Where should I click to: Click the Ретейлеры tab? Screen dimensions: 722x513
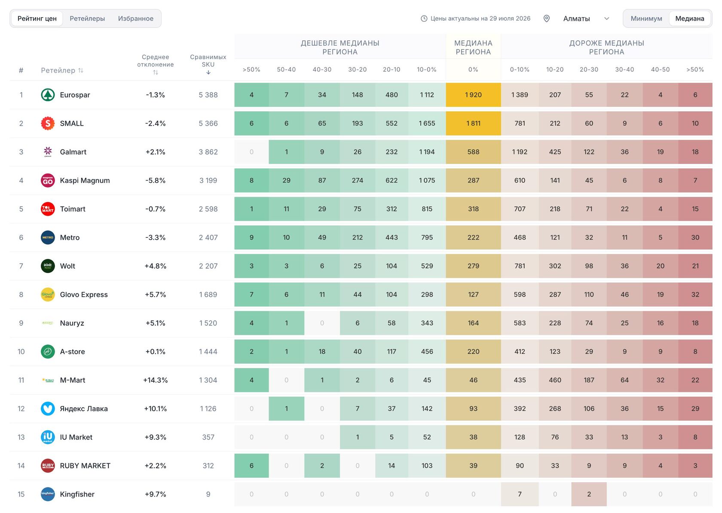point(87,18)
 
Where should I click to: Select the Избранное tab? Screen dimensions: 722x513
point(135,18)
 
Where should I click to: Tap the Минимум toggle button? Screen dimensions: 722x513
point(646,18)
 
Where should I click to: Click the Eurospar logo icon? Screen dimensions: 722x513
point(48,95)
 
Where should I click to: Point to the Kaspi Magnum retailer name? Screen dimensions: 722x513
point(85,180)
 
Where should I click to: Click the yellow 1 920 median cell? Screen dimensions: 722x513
point(473,95)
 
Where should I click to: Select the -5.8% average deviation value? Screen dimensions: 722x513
point(156,180)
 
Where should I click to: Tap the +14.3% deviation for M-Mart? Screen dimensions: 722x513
point(156,380)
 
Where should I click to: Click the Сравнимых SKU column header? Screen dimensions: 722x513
point(208,64)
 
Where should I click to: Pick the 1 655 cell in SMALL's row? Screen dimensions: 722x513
point(427,123)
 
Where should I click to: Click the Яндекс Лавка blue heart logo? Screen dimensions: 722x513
point(48,408)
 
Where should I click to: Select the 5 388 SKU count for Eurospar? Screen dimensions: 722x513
point(208,95)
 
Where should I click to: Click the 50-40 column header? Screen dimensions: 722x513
point(286,70)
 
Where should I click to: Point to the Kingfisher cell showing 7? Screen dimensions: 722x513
point(520,494)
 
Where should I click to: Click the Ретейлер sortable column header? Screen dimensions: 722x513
point(62,70)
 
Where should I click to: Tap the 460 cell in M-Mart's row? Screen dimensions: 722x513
point(555,380)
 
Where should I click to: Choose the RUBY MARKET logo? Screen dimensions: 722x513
point(48,465)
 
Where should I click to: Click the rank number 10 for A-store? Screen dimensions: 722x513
point(21,351)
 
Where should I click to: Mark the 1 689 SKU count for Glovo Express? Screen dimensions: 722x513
point(208,294)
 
